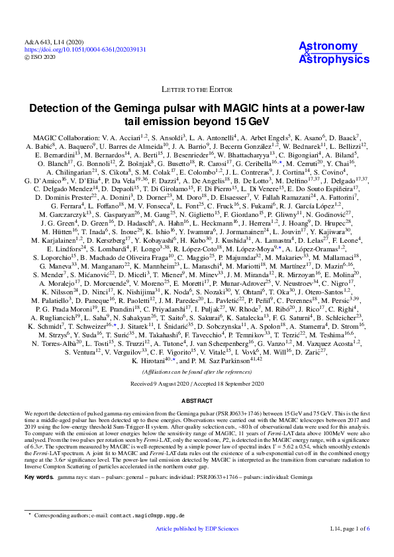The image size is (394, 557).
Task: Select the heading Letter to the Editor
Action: coord(197,88)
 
